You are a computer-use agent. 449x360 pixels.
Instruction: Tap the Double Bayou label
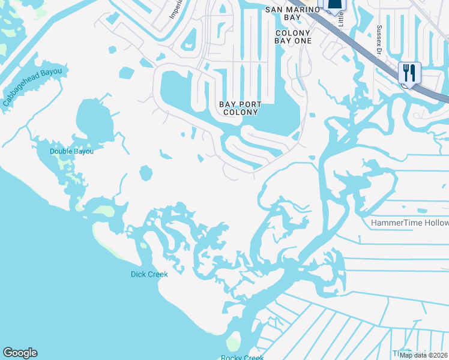(x=72, y=151)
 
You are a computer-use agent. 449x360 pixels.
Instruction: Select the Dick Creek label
(x=149, y=274)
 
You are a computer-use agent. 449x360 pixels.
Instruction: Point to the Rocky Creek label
(x=242, y=358)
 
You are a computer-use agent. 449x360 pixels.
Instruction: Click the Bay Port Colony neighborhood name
(x=239, y=108)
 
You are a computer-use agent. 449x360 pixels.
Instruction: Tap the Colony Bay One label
(x=293, y=37)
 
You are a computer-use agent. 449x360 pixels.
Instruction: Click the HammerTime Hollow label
(x=409, y=223)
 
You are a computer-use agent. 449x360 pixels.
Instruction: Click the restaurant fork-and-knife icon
(x=409, y=73)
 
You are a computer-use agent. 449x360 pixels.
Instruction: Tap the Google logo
(x=20, y=353)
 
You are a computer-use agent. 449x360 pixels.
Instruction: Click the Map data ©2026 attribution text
(x=423, y=355)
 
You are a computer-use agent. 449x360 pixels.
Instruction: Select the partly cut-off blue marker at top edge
(x=335, y=5)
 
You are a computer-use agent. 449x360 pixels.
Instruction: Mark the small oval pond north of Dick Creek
(x=145, y=173)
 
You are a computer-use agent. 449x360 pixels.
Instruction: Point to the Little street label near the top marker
(x=341, y=18)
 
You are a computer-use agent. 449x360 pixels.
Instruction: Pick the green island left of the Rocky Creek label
(x=233, y=343)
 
